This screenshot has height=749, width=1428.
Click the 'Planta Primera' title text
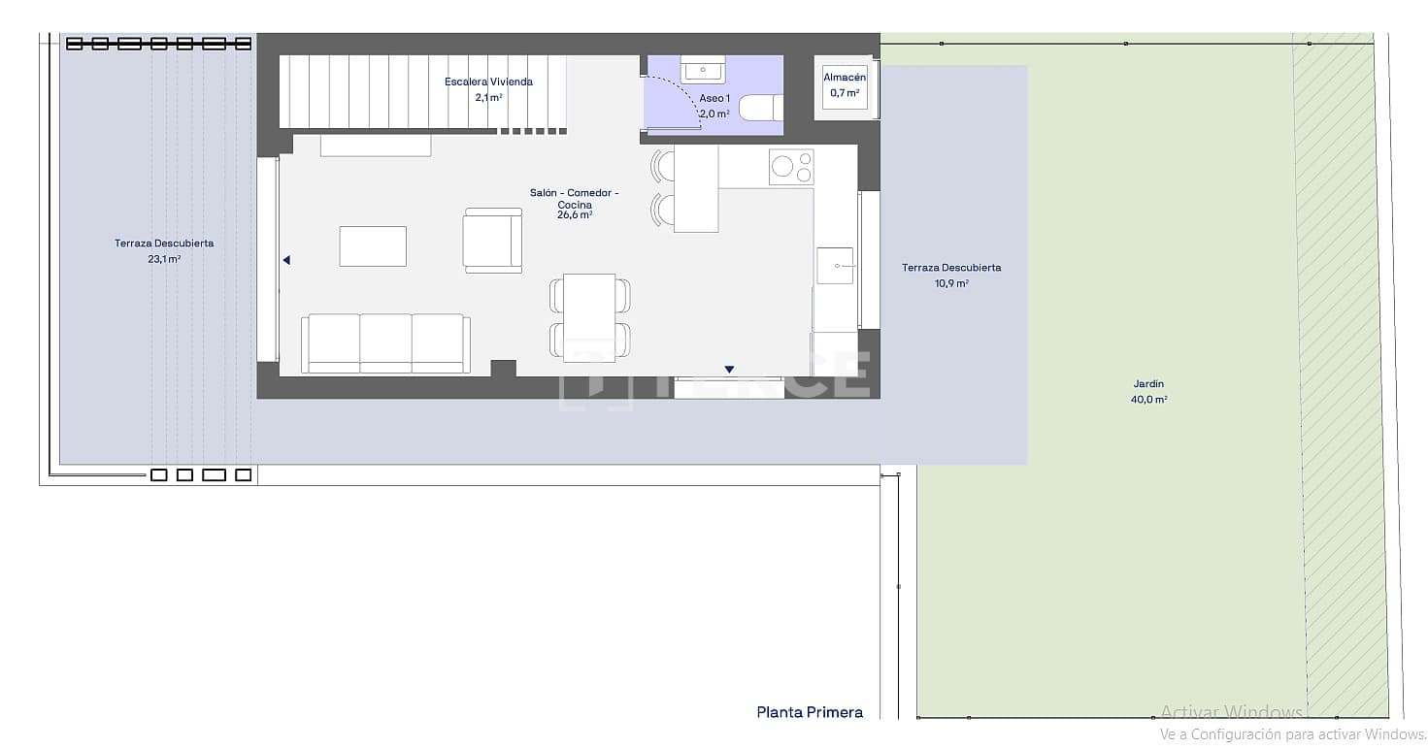pyautogui.click(x=810, y=712)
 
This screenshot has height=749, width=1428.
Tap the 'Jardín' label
pyautogui.click(x=1147, y=384)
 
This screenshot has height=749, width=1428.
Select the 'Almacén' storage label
pyautogui.click(x=844, y=78)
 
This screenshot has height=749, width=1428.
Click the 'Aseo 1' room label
pyautogui.click(x=714, y=98)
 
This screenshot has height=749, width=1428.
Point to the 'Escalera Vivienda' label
pyautogui.click(x=488, y=81)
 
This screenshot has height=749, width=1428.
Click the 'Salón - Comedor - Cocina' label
pyautogui.click(x=574, y=199)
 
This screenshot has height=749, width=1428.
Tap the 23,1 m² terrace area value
pyautogui.click(x=164, y=259)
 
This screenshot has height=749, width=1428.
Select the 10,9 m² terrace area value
pyautogui.click(x=950, y=283)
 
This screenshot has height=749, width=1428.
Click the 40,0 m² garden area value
pyautogui.click(x=1148, y=400)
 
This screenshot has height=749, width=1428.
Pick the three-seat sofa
pyautogui.click(x=385, y=343)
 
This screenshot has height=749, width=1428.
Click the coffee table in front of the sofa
pyautogui.click(x=373, y=245)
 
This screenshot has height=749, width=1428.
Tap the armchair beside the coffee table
pyautogui.click(x=492, y=240)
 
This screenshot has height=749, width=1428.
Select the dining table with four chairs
pyautogui.click(x=589, y=316)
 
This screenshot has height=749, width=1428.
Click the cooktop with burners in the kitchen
pyautogui.click(x=791, y=167)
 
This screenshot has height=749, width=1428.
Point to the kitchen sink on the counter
pyautogui.click(x=835, y=265)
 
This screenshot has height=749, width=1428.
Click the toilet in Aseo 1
pyautogui.click(x=760, y=107)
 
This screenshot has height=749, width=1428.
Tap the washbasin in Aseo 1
pyautogui.click(x=703, y=70)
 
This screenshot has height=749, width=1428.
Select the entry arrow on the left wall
pyautogui.click(x=286, y=260)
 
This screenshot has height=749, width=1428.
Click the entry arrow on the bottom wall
pyautogui.click(x=729, y=369)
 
